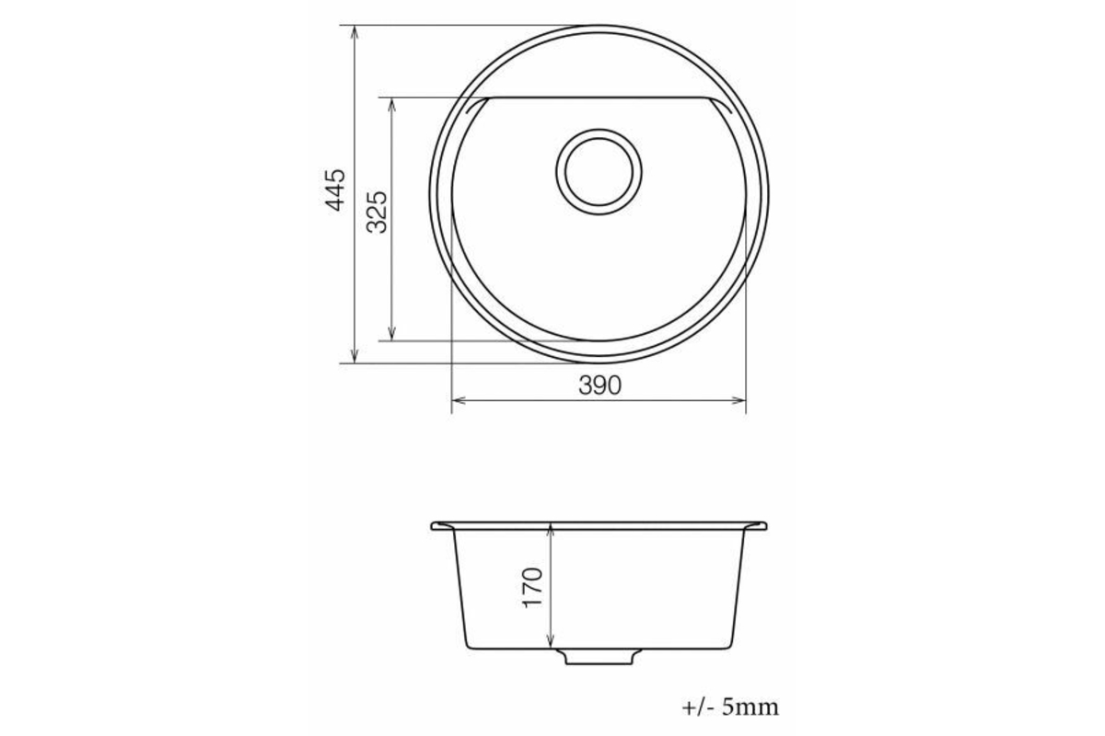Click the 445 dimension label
click(335, 190)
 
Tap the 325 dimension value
click(377, 212)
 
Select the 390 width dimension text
click(599, 385)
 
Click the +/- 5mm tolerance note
click(730, 707)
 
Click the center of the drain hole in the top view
click(599, 171)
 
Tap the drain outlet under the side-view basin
click(599, 657)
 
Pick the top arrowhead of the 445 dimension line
click(355, 31)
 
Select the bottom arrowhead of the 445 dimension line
click(355, 357)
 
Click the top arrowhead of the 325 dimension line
click(392, 104)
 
